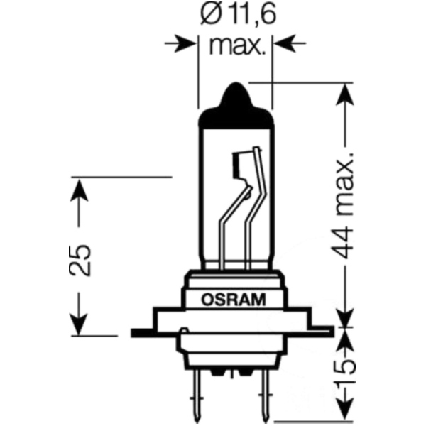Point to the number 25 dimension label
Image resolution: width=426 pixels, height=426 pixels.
tap(80, 258)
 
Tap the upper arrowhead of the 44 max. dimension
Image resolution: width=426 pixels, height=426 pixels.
tap(346, 97)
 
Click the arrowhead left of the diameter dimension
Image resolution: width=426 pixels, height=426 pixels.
tap(187, 44)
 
